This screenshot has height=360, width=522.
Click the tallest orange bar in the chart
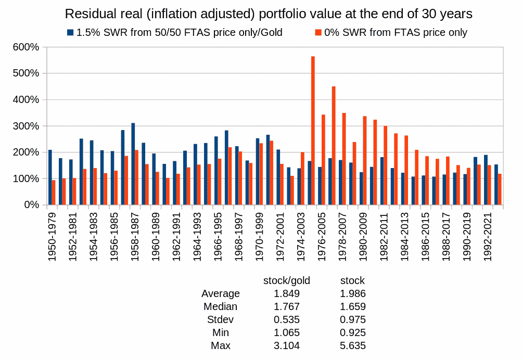tap(313, 130)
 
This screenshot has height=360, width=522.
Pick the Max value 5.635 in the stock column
tap(353, 345)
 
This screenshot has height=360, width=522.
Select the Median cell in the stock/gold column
tap(286, 306)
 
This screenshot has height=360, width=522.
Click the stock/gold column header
tap(286, 280)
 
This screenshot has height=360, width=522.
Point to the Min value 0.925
tap(353, 332)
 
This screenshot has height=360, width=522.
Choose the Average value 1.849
tap(286, 293)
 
